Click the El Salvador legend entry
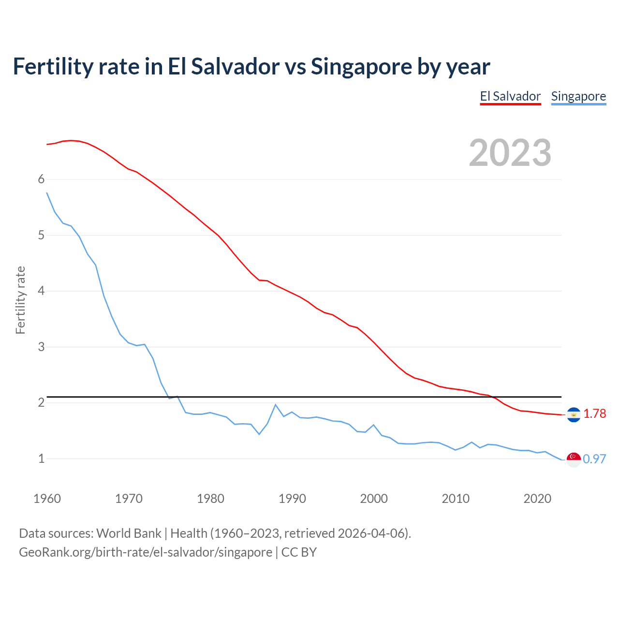pos(510,96)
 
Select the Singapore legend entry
pos(578,96)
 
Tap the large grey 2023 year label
pos(510,153)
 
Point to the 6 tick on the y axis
pos(41,179)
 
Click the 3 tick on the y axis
pos(41,347)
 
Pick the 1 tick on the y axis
pos(41,458)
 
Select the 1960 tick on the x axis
pos(47,499)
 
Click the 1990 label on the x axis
pos(292,499)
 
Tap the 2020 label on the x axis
pos(537,499)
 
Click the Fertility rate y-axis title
pos(20,300)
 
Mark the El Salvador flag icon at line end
pos(574,414)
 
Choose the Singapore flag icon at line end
pos(574,459)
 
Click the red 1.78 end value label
pos(594,414)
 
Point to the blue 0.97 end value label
pos(594,459)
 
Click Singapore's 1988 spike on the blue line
pos(276,405)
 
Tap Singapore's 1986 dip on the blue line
pos(259,434)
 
